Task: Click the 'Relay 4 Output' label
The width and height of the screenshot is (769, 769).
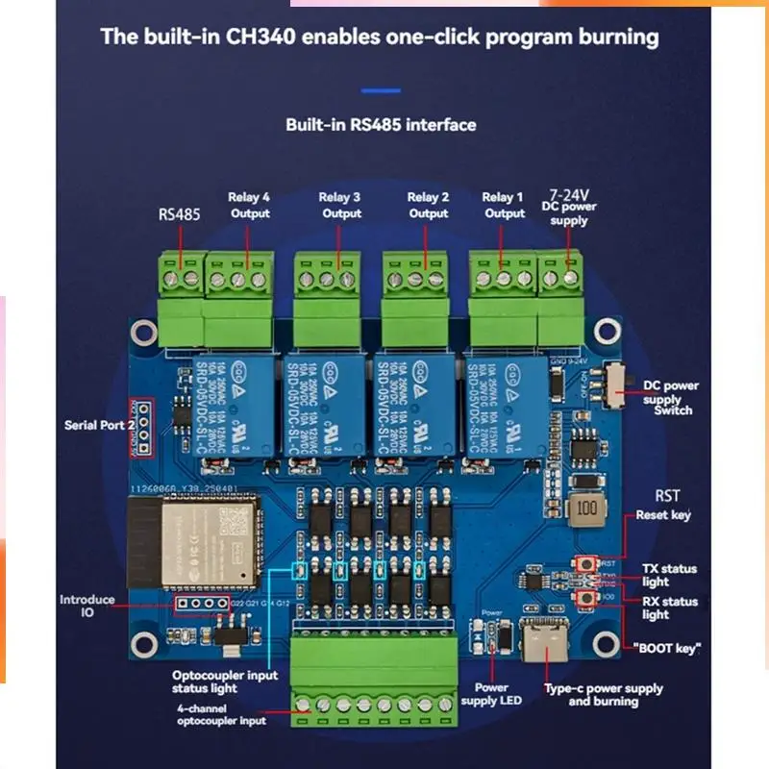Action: point(249,206)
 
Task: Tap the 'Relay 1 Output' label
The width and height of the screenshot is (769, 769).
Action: point(504,206)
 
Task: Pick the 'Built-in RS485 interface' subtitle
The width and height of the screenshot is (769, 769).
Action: point(381,125)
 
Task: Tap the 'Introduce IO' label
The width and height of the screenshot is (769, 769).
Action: point(87,607)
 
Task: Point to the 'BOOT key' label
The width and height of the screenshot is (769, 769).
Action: point(667,648)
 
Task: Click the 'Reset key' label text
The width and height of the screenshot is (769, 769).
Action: point(663,515)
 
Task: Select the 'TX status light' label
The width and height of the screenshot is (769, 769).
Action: point(669,575)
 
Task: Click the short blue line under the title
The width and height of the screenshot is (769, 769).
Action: point(381,90)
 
